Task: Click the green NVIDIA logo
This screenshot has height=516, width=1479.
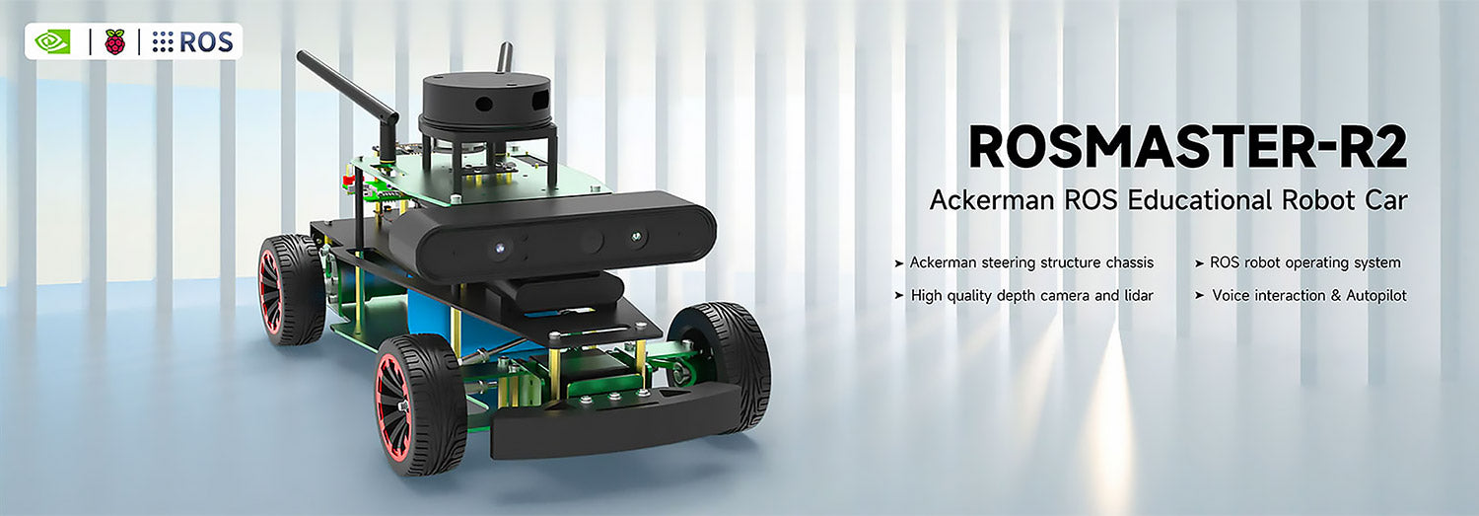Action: click(52, 41)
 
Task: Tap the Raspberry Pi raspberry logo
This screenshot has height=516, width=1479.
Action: click(115, 41)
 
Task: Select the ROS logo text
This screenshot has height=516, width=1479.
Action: click(194, 41)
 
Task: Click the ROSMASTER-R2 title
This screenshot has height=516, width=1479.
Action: click(1187, 147)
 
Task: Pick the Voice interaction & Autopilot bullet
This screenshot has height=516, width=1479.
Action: click(1301, 295)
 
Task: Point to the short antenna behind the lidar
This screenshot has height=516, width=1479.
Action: click(505, 57)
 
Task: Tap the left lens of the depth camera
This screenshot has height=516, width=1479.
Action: click(499, 248)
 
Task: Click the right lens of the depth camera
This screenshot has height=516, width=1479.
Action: click(638, 238)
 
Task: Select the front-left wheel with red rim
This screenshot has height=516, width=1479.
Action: click(418, 404)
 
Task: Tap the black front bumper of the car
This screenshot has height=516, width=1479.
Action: click(611, 424)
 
